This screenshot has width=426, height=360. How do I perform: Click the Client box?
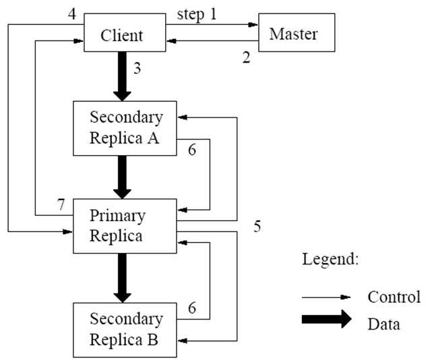pyautogui.click(x=125, y=32)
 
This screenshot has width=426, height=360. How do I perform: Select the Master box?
pyautogui.click(x=297, y=32)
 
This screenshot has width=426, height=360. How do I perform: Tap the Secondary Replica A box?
pyautogui.click(x=125, y=128)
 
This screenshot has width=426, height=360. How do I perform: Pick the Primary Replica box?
pyautogui.click(x=125, y=226)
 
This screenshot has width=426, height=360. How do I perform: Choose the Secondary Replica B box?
pyautogui.click(x=125, y=330)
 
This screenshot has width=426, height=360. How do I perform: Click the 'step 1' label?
pyautogui.click(x=197, y=14)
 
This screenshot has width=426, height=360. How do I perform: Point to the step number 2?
pyautogui.click(x=246, y=57)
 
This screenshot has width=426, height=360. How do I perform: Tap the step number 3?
pyautogui.click(x=138, y=68)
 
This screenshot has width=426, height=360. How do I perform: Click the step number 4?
pyautogui.click(x=71, y=13)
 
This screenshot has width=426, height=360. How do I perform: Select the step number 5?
pyautogui.click(x=257, y=226)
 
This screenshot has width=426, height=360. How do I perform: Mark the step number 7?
pyautogui.click(x=61, y=204)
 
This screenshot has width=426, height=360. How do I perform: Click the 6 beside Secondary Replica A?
pyautogui.click(x=192, y=150)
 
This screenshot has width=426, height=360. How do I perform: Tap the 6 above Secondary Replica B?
pyautogui.click(x=192, y=308)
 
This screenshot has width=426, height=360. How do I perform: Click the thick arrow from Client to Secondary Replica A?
pyautogui.click(x=122, y=76)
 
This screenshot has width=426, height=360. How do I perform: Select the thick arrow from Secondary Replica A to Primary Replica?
pyautogui.click(x=122, y=177)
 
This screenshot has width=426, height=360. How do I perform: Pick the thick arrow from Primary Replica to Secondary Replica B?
pyautogui.click(x=122, y=278)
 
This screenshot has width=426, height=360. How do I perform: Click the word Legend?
pyautogui.click(x=330, y=260)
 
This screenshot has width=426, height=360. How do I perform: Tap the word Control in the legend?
pyautogui.click(x=394, y=297)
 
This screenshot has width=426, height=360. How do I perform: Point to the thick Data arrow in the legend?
pyautogui.click(x=326, y=319)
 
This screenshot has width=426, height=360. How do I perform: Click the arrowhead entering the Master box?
pyautogui.click(x=253, y=25)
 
